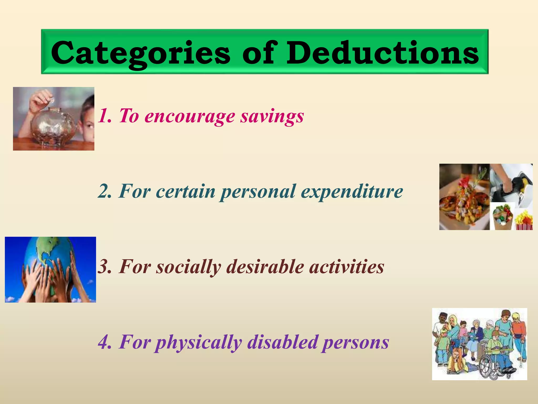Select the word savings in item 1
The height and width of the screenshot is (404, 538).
point(272,116)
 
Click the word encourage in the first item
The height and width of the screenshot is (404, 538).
point(190,116)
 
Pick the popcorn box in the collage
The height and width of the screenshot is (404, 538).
point(524,221)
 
